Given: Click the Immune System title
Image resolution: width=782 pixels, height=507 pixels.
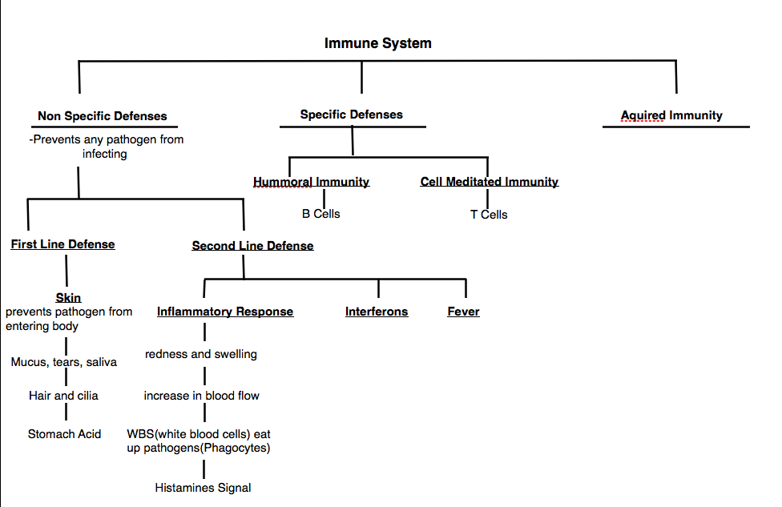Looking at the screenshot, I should pos(377,43).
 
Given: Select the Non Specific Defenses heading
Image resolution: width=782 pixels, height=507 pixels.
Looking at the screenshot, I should pos(103,116).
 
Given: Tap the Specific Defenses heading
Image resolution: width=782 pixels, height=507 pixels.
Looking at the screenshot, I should pos(351,115).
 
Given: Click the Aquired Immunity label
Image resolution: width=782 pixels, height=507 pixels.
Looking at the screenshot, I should pos(671,115).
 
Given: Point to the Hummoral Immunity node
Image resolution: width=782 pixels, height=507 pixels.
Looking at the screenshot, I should pos(311,182).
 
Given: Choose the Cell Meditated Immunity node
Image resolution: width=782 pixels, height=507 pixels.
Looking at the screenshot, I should pos(489,182).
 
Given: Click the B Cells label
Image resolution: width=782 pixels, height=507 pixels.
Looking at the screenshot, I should pos(320,214).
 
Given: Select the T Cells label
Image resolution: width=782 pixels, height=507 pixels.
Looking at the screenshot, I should pos(489,215).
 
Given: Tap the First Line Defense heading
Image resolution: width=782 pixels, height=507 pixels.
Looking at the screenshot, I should pos(62,244).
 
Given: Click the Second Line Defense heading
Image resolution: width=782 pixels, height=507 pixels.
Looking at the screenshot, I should pos(252,246).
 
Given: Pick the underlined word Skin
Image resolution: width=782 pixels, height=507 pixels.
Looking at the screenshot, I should pos(68,298).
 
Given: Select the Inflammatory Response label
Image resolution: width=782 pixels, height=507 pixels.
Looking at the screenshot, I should pos(225,312).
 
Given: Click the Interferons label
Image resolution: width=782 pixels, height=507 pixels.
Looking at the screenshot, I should pos(377,312).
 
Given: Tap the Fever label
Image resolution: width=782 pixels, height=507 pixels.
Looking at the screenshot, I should pos(463,312).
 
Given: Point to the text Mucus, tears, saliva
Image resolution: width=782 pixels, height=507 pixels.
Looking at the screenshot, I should pos(63,362).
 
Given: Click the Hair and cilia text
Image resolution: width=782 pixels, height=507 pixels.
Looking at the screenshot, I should pos(63,396).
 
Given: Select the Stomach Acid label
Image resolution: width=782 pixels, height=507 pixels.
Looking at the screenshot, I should pos(64,434).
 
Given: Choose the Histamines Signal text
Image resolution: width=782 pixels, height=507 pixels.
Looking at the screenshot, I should pos(203,488).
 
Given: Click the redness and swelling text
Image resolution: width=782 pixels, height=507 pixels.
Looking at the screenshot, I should pos(201,354).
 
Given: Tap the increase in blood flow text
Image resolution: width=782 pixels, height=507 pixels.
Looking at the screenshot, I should pos(202,396).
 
